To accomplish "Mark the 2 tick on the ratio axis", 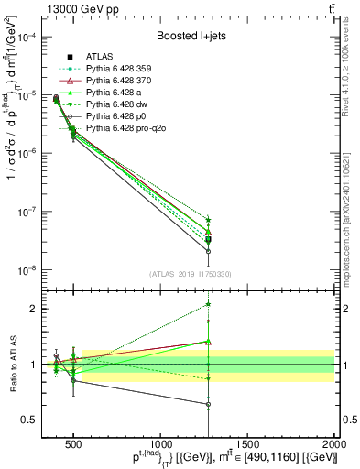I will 44,309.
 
